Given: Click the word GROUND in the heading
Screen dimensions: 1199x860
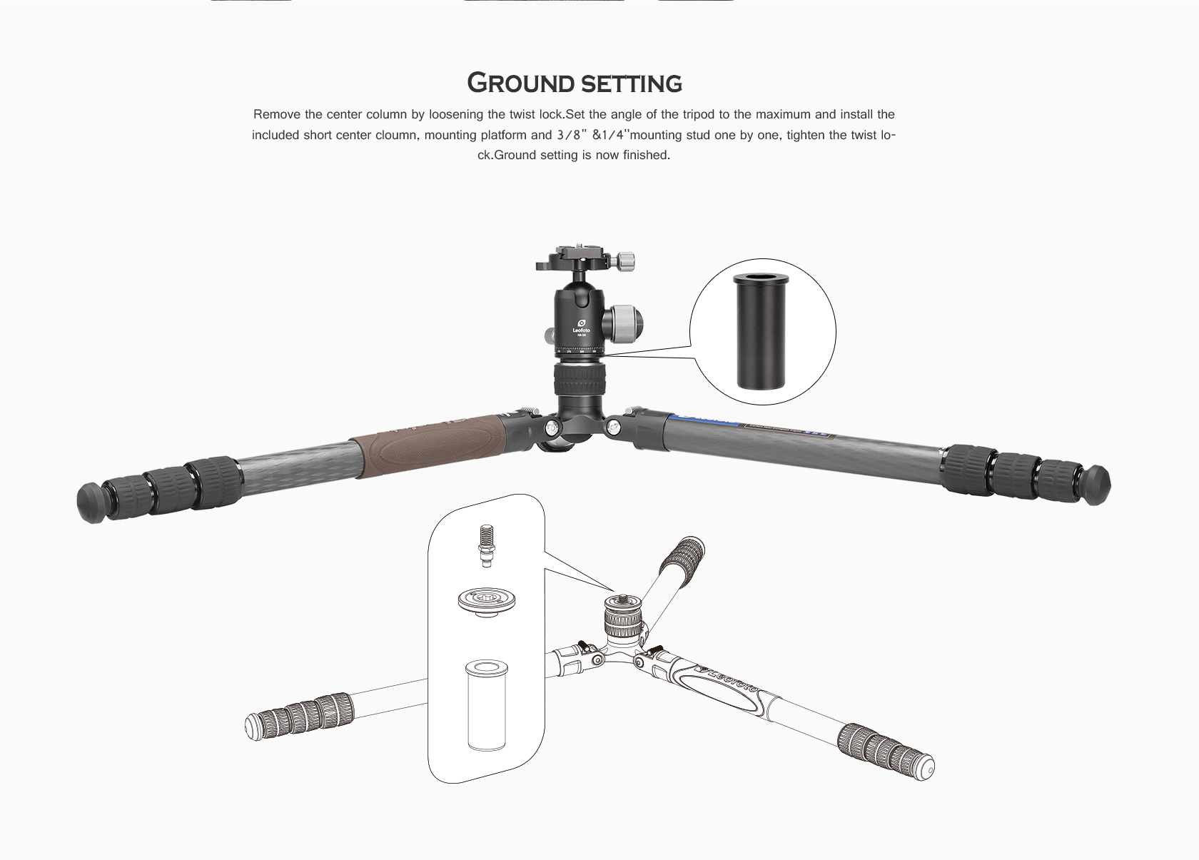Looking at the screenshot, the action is click(520, 83).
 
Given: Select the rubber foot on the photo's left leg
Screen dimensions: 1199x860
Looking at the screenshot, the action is click(91, 502).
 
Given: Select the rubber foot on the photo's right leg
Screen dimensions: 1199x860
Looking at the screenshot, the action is click(1096, 485).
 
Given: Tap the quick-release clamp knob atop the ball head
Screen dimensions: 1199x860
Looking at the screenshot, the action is click(627, 260).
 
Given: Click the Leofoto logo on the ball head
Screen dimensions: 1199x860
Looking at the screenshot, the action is click(581, 328).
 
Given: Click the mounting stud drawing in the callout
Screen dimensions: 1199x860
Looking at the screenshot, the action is click(485, 545).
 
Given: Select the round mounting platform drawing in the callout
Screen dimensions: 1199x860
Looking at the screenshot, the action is click(487, 602).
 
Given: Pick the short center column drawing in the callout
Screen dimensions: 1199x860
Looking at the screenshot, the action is click(487, 704).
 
